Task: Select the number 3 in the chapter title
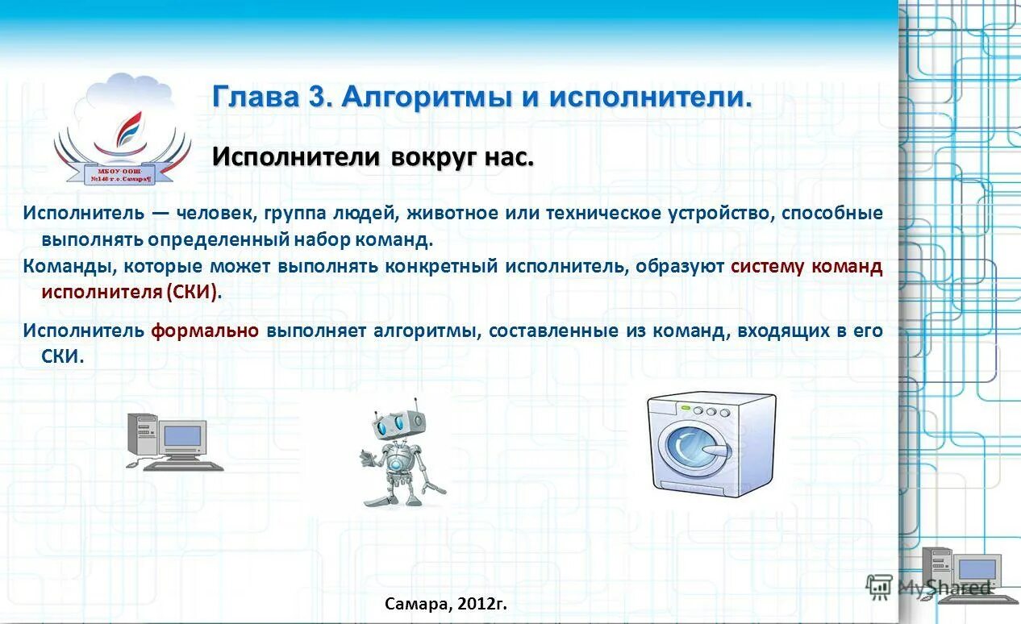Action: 315,97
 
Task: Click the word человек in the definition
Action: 212,214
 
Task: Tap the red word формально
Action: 205,331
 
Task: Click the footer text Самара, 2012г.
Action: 446,603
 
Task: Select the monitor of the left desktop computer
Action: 183,437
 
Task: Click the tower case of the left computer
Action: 141,435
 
